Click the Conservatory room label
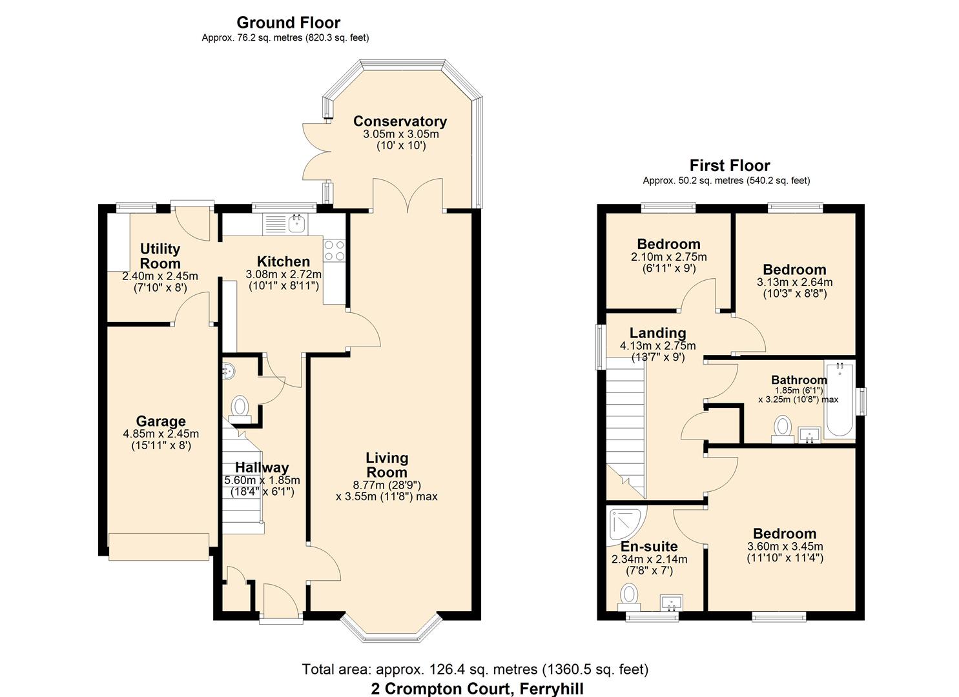400,121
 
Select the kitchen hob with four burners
334,250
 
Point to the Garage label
160,422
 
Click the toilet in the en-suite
628,594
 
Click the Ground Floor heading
288,23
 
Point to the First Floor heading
730,165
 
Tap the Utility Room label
160,256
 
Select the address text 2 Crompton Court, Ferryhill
477,688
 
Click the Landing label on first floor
657,333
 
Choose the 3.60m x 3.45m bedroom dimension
785,546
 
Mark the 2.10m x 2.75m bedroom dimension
668,256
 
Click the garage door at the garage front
159,547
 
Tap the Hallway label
262,468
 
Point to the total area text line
475,669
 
